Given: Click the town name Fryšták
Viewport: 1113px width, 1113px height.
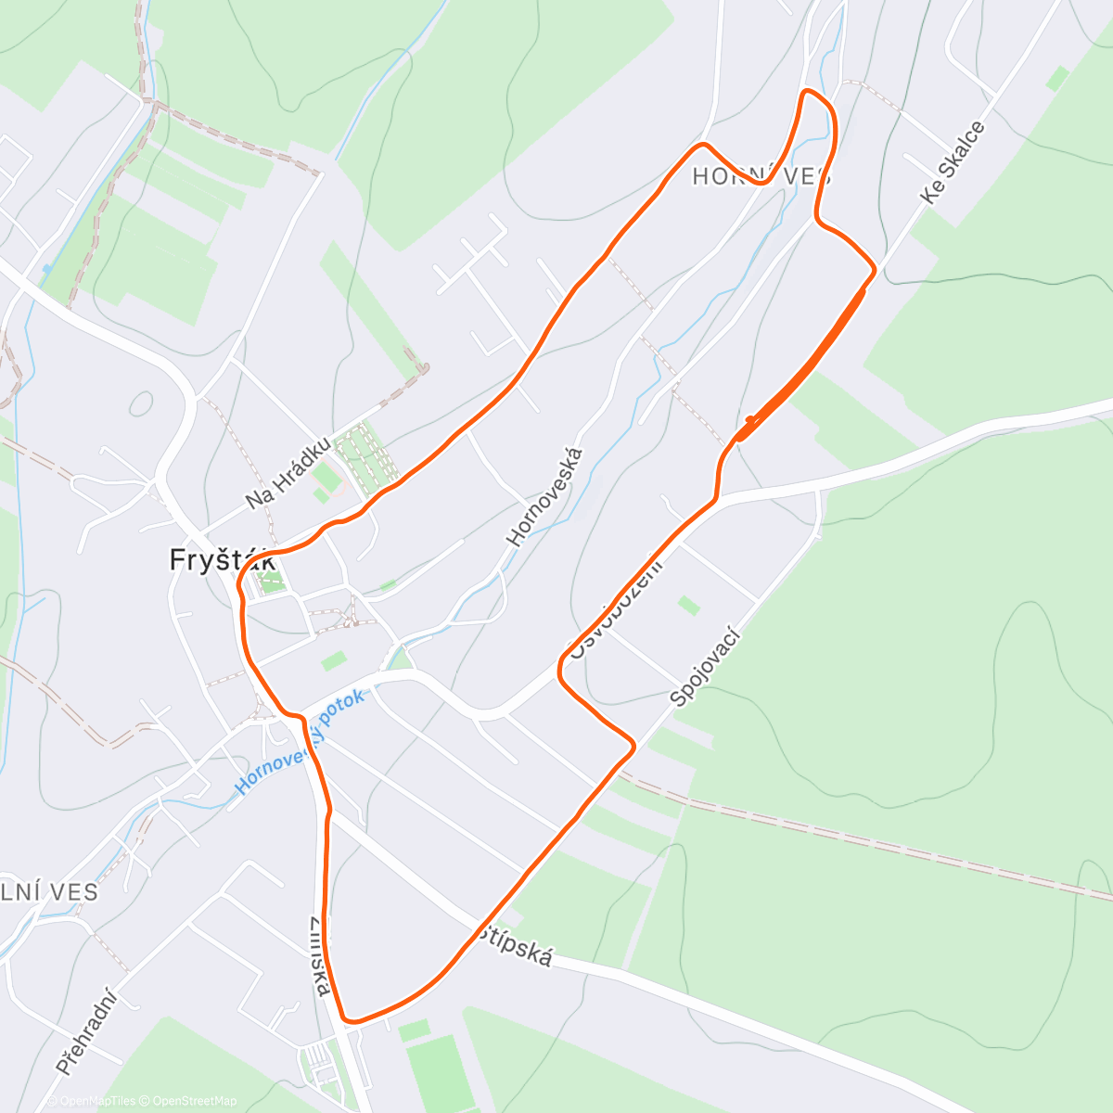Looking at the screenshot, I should (x=222, y=560).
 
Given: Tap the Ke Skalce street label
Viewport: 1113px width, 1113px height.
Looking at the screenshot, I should (x=953, y=162).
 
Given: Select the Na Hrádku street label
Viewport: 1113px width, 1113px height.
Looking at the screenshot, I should (x=288, y=473).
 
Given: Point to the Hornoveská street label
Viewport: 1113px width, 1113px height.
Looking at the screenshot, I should (x=545, y=497).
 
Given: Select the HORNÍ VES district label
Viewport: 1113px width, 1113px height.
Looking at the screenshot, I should (x=761, y=176).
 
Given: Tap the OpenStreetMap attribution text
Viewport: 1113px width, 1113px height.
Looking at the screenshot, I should (x=195, y=1101).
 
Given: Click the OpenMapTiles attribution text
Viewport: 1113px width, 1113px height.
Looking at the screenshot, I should (x=98, y=1101).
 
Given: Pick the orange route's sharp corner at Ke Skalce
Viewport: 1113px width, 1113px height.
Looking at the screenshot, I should (x=875, y=269).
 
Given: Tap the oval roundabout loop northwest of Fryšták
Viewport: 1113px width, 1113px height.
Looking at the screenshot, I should (x=141, y=403).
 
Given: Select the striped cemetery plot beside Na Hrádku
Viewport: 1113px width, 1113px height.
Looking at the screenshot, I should (x=365, y=454).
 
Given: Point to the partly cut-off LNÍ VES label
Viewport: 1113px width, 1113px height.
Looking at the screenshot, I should (x=49, y=891).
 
